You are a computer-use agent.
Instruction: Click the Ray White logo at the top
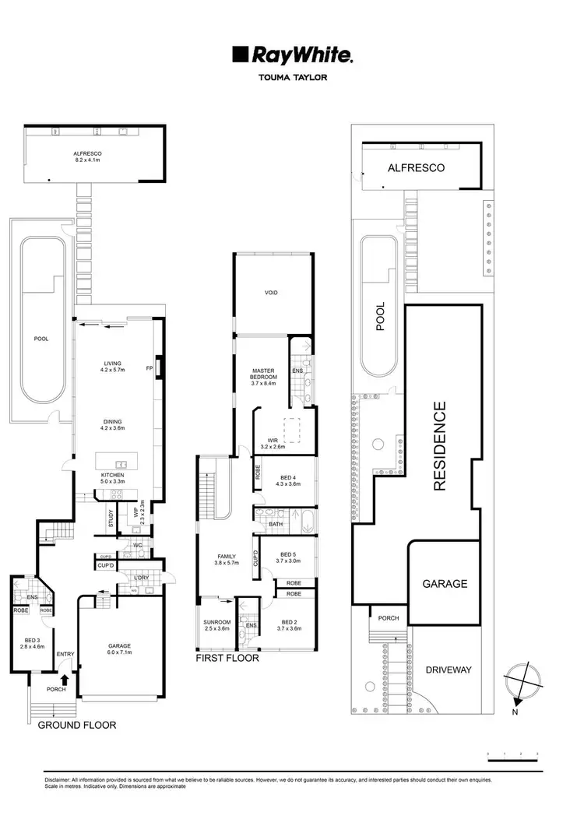click(292, 54)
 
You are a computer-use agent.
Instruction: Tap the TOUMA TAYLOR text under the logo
click(292, 78)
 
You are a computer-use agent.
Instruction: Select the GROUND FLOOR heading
click(77, 725)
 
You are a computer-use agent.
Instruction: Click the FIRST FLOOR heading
click(227, 658)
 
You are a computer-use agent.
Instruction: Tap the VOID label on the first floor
click(272, 293)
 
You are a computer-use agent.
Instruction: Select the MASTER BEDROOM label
click(265, 376)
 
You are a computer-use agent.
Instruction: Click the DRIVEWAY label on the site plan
click(451, 670)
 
